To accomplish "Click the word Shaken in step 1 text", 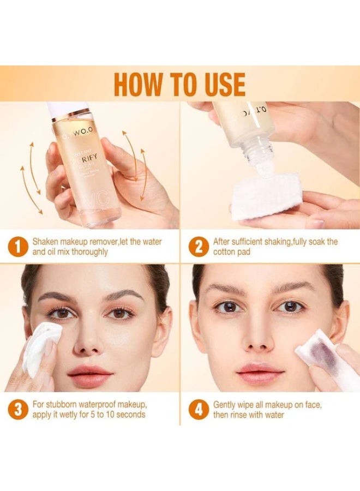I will coord(46,242).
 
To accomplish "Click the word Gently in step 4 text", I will coord(225,404).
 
